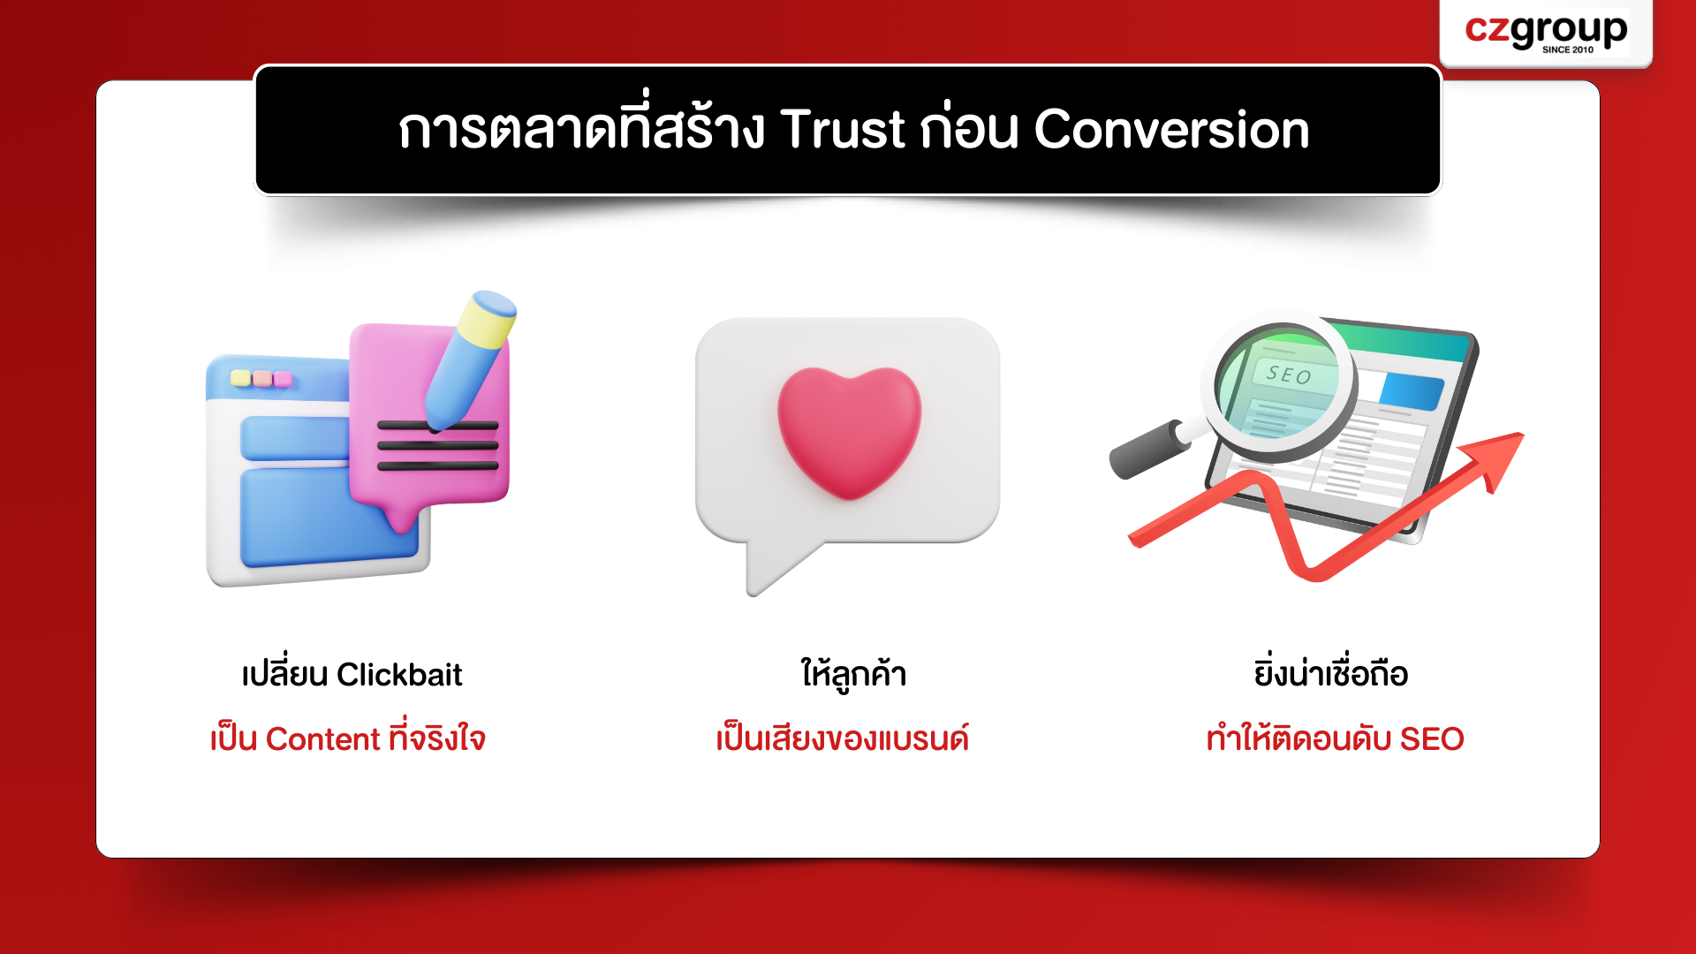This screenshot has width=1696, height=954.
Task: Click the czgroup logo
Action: tap(1546, 33)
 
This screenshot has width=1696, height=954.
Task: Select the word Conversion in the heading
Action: tap(1171, 129)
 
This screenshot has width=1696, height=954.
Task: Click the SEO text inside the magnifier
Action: tap(1289, 375)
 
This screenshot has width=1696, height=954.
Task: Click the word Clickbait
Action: tap(399, 675)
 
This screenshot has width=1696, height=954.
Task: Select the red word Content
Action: tap(322, 739)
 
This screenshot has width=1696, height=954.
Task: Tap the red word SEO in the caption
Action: tap(1432, 739)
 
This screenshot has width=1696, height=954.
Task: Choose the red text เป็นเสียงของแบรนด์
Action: tap(843, 738)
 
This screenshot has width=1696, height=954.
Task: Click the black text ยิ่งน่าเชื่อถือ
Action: tap(1331, 673)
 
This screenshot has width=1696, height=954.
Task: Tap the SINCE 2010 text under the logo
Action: tap(1568, 49)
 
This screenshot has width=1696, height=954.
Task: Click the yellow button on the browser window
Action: tap(240, 378)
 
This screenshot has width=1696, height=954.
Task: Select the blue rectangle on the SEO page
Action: tap(1411, 390)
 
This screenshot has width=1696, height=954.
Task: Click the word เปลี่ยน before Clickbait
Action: tap(285, 673)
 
